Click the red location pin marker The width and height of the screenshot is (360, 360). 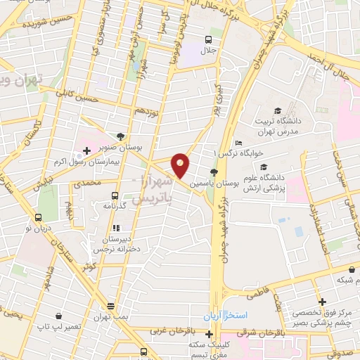pos(181,165)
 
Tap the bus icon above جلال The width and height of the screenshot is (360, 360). pos(208,39)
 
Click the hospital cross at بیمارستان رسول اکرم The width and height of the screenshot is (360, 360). pos(86,150)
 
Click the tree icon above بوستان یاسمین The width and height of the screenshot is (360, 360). pos(214,172)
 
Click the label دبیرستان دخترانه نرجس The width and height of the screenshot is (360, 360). pos(116,243)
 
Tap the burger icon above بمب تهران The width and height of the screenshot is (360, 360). pos(110,304)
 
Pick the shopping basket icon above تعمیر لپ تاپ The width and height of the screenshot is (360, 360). pos(59,316)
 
